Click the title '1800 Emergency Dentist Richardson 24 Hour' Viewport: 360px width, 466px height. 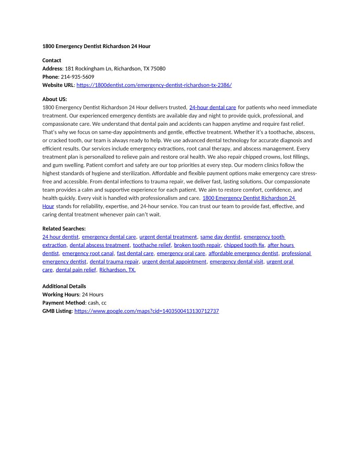(x=96, y=46)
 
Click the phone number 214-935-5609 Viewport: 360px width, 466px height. (x=77, y=77)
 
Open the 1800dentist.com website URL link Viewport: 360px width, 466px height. (x=154, y=85)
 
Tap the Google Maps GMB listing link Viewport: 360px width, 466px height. (x=146, y=311)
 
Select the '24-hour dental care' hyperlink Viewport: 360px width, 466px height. (x=213, y=107)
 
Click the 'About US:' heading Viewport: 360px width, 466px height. (x=55, y=99)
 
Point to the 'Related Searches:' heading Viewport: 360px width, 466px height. (x=64, y=229)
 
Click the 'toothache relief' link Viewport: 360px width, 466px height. (x=152, y=245)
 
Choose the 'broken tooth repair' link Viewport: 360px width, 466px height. (x=197, y=245)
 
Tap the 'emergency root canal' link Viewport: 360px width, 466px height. (x=88, y=253)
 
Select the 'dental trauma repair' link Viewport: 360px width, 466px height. (x=114, y=262)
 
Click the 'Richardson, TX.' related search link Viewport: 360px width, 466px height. (x=117, y=270)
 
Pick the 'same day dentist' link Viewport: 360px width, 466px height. (x=220, y=237)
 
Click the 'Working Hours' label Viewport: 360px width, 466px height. (x=60, y=294)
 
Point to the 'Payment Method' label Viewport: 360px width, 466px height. (x=64, y=303)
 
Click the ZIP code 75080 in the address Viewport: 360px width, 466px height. (x=158, y=69)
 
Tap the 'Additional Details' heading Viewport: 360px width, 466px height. (x=64, y=286)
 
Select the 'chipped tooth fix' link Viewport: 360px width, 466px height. (x=244, y=245)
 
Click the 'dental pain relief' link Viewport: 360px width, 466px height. (x=76, y=270)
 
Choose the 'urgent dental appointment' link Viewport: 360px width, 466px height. (x=174, y=262)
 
